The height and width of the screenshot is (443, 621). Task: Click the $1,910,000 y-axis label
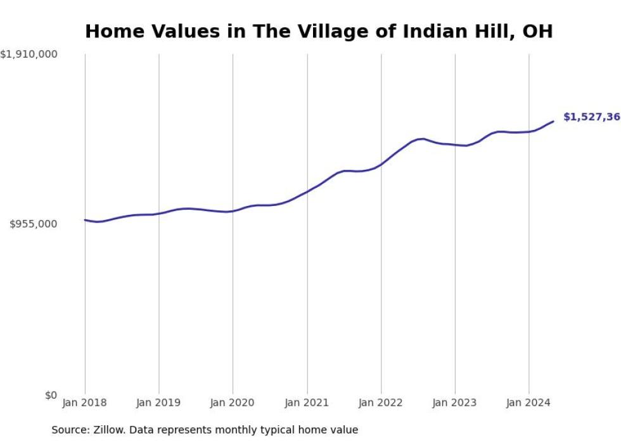[x=29, y=55]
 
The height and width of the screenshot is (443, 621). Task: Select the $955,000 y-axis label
[x=33, y=224]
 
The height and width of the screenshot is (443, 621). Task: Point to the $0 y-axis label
[x=51, y=395]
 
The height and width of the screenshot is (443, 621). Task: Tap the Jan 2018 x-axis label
[x=85, y=402]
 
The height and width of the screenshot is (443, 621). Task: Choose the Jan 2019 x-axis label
[x=158, y=402]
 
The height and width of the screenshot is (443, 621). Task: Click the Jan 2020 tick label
[x=233, y=402]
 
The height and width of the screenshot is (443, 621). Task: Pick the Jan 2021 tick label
[x=307, y=402]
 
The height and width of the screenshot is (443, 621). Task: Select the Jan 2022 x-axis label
[x=381, y=402]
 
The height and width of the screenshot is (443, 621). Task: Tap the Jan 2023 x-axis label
[x=455, y=402]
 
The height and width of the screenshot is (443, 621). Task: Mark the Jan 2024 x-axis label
[x=528, y=402]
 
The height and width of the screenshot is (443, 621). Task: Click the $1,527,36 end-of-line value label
[x=591, y=117]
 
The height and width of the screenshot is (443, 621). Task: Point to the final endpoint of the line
[x=553, y=121]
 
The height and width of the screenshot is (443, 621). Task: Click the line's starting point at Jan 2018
[x=85, y=220]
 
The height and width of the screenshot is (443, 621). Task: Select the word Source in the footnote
[x=70, y=430]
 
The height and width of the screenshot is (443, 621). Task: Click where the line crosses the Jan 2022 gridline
[x=381, y=164]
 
